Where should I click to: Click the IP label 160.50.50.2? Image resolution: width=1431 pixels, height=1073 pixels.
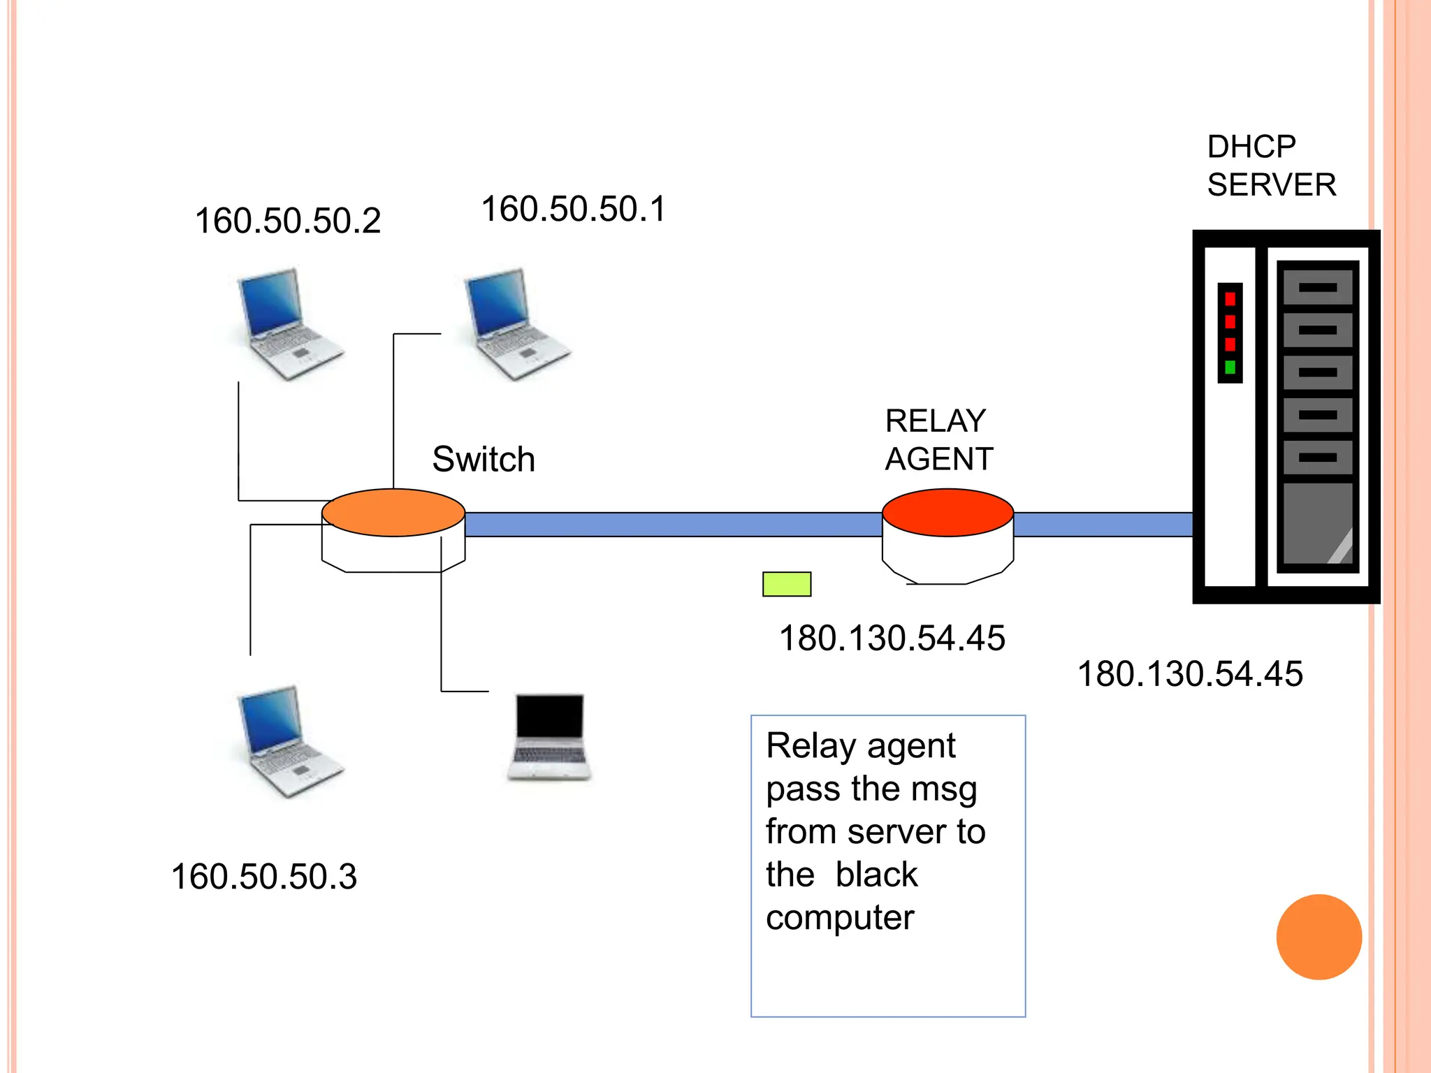tap(287, 221)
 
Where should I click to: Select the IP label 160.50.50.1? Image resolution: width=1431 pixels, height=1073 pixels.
tap(574, 209)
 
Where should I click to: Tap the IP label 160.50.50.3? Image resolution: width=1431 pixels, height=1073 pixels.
tap(263, 876)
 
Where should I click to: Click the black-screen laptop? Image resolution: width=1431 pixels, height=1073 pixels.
tap(549, 736)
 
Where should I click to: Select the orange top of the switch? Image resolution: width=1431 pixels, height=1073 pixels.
tap(393, 513)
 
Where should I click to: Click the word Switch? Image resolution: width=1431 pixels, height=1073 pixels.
tap(484, 459)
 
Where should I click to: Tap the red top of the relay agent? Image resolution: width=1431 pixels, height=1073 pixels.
tap(947, 513)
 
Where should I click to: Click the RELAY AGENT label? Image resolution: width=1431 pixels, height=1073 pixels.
tap(938, 440)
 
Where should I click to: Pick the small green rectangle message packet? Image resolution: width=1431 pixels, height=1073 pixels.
tap(787, 584)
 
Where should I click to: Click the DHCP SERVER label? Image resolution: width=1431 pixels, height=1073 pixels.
tap(1270, 166)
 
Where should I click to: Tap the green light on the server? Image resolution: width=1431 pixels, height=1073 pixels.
tap(1230, 367)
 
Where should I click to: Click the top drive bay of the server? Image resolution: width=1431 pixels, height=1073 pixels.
tap(1317, 287)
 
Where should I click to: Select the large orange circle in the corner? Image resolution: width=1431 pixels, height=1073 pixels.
tap(1319, 937)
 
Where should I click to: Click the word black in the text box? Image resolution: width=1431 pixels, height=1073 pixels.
tap(876, 875)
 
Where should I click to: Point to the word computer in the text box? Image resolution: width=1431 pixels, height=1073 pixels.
tap(839, 918)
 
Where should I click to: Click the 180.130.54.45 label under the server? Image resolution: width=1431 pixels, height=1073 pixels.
tap(1189, 674)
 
